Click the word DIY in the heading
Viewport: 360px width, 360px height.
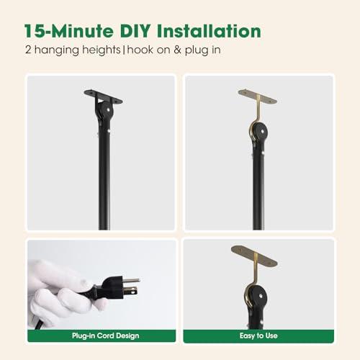click(135, 31)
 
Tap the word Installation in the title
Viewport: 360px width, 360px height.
click(209, 31)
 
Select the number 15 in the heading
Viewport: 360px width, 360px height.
click(35, 31)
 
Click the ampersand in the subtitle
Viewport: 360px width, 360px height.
click(177, 50)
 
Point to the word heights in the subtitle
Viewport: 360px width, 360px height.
click(101, 50)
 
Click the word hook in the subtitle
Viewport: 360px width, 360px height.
click(140, 50)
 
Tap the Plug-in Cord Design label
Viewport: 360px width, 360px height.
click(106, 336)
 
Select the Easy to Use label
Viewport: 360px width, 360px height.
click(258, 336)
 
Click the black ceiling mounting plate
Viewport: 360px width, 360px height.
click(103, 96)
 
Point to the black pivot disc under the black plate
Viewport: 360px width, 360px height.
click(106, 109)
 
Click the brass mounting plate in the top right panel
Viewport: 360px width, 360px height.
click(258, 96)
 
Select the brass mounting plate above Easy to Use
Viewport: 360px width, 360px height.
click(254, 256)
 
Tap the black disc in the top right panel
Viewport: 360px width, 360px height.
click(260, 132)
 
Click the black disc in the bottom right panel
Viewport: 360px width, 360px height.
click(257, 297)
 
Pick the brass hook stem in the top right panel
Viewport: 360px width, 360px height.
click(257, 109)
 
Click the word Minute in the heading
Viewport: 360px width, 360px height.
click(82, 31)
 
